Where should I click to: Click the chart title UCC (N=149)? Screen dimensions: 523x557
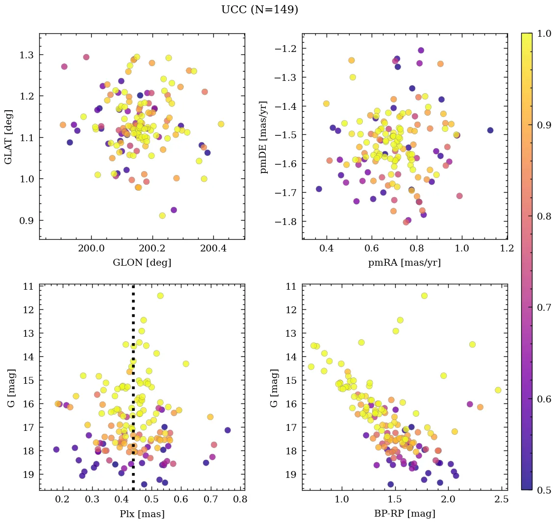click(259, 10)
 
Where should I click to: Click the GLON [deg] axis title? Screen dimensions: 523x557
click(142, 262)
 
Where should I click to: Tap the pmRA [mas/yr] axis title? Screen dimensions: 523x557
click(405, 262)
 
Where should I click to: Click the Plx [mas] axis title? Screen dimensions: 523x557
click(142, 514)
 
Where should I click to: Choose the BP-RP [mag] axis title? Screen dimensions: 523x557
click(405, 514)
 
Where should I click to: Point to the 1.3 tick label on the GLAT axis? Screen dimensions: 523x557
click(27, 54)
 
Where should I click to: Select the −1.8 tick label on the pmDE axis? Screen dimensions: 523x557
click(286, 222)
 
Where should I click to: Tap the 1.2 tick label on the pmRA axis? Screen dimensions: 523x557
click(507, 249)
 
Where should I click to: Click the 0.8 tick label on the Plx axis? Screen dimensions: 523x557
click(240, 500)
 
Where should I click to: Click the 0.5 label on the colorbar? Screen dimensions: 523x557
click(544, 490)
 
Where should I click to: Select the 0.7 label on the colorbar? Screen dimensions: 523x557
click(544, 307)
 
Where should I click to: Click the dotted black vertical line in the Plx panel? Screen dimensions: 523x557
click(133, 343)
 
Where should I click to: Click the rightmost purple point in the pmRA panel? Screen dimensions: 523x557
click(490, 130)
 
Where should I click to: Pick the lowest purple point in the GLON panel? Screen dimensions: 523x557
click(174, 210)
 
